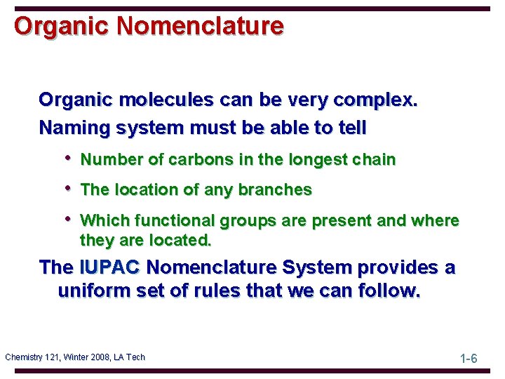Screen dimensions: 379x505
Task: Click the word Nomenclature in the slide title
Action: point(201,26)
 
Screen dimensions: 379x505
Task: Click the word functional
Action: point(175,220)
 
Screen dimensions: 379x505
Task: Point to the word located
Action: point(184,240)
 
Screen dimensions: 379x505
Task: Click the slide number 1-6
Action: point(469,359)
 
